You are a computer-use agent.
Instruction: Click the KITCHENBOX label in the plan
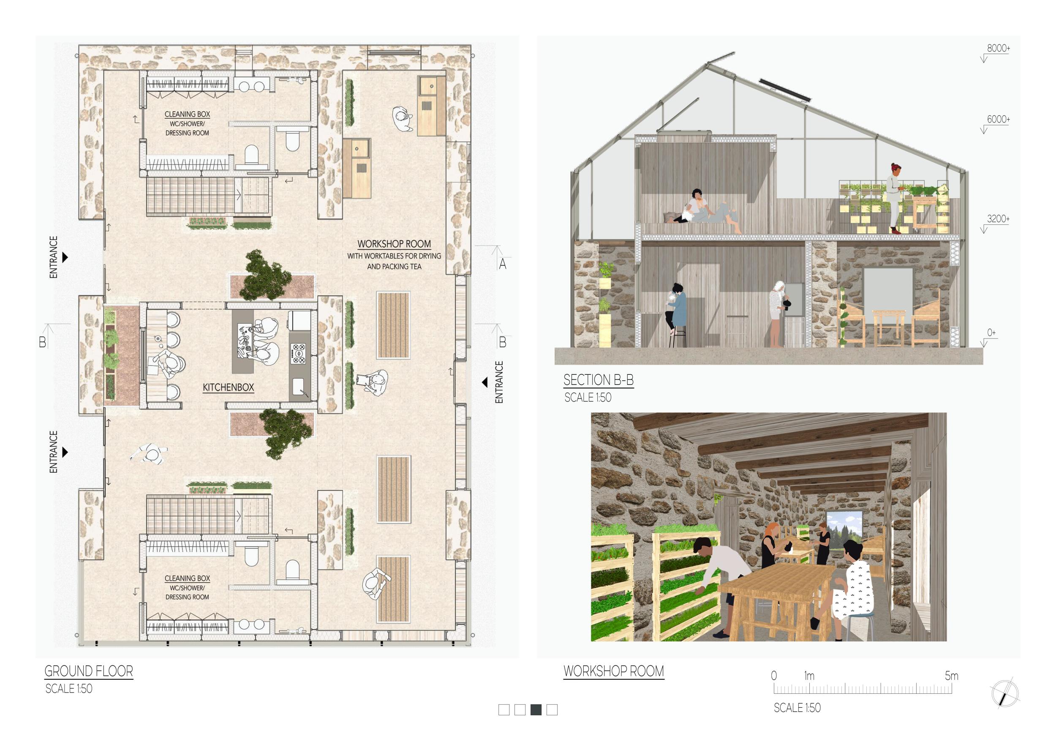coord(228,387)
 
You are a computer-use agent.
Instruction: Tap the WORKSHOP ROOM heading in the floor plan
coord(394,244)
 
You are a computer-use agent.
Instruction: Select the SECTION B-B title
coord(599,380)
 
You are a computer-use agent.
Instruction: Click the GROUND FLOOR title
coord(89,671)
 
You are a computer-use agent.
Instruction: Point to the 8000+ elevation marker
coord(999,48)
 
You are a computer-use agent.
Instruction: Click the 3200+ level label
coord(998,218)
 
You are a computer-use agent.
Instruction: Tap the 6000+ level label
coord(999,119)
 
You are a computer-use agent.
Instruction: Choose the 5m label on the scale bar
coord(952,676)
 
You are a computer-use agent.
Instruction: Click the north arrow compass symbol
coord(1005,693)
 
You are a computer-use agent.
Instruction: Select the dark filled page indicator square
coord(536,710)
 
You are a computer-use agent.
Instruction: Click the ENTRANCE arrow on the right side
coord(484,382)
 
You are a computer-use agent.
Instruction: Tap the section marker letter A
coord(502,264)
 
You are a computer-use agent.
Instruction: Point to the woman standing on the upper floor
coord(895,198)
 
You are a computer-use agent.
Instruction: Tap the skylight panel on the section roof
coord(785,90)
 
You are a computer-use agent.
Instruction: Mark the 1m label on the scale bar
coord(809,676)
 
